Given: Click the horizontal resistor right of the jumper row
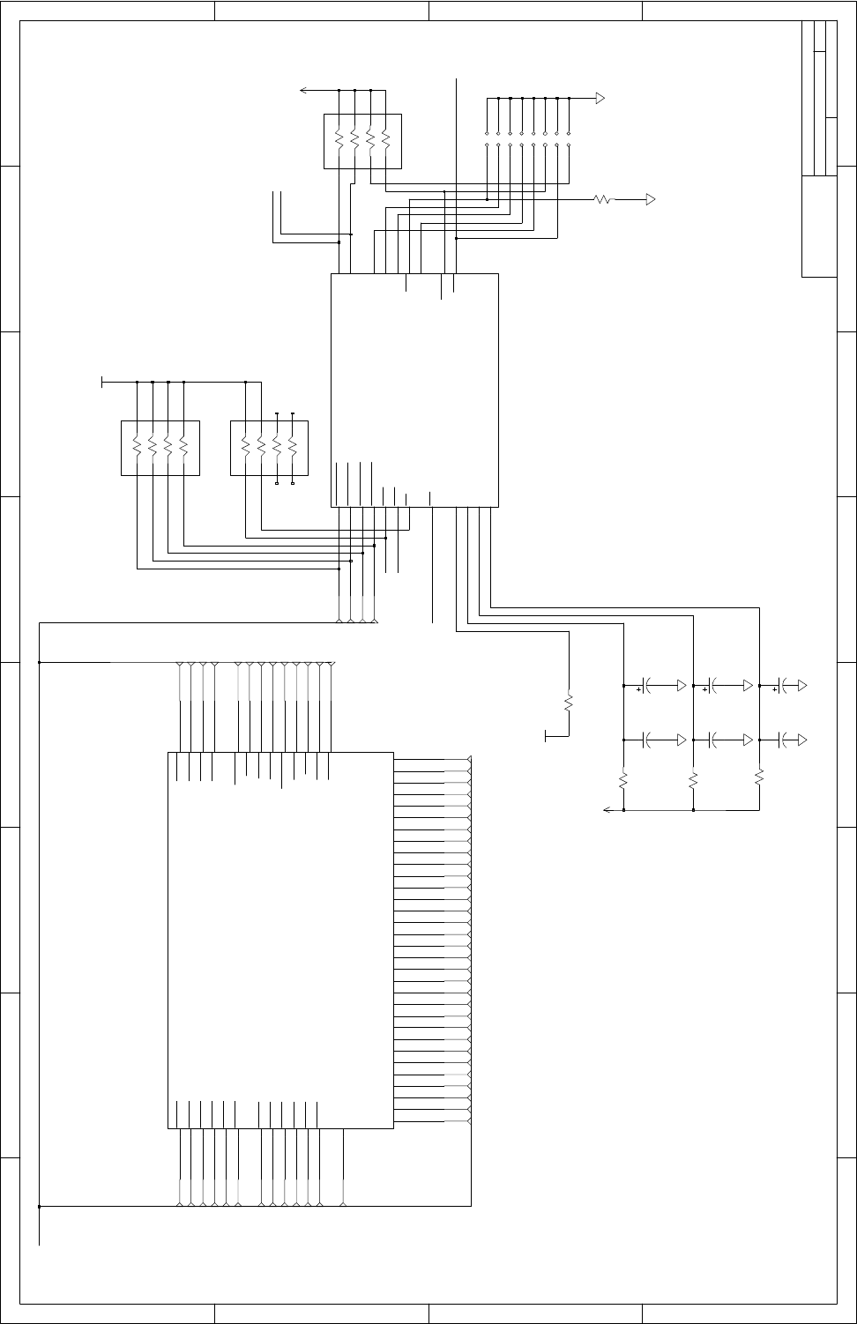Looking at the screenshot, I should (604, 200).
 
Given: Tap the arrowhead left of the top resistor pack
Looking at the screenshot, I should (303, 90).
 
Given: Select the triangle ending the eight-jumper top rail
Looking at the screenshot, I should (600, 97).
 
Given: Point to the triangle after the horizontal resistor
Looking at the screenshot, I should (652, 200).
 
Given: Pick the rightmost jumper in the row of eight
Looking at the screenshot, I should (569, 138).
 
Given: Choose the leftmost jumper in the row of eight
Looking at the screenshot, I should (488, 138).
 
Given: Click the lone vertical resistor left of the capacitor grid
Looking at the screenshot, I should (569, 703).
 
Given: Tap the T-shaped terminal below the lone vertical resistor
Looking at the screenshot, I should (547, 735).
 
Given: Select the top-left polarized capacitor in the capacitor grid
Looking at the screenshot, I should (647, 685).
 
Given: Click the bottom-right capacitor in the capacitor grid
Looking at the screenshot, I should (782, 738).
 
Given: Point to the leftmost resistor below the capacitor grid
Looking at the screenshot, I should (623, 781).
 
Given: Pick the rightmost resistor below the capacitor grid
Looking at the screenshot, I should (759, 777).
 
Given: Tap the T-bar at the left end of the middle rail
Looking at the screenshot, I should (102, 383).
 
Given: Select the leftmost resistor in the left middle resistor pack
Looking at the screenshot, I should (137, 448).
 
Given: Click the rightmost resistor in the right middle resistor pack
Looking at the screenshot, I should (292, 448).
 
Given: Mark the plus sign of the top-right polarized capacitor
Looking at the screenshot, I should (774, 691).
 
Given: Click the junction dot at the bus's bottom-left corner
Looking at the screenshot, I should (40, 1205).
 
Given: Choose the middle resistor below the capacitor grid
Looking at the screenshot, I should (694, 781).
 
